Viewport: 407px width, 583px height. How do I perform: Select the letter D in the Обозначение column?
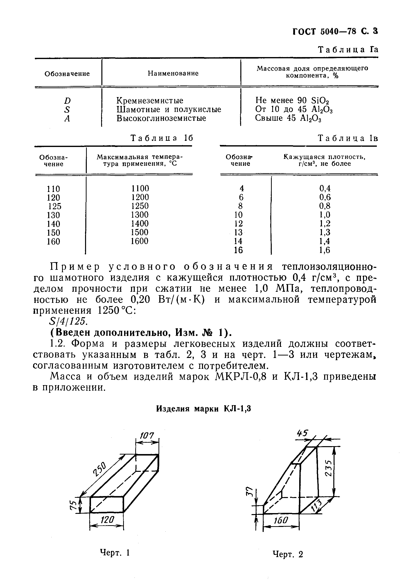(x=67, y=101)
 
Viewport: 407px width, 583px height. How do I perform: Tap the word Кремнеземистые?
(x=150, y=101)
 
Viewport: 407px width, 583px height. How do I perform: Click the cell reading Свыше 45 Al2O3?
(x=288, y=119)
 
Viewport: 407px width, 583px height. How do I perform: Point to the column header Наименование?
(x=173, y=73)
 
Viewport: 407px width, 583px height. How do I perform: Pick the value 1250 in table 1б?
(x=140, y=206)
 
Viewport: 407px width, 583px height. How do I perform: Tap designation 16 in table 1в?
(x=238, y=250)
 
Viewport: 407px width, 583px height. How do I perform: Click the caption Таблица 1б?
(x=162, y=138)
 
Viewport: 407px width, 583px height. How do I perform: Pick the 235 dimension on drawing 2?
(x=328, y=468)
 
